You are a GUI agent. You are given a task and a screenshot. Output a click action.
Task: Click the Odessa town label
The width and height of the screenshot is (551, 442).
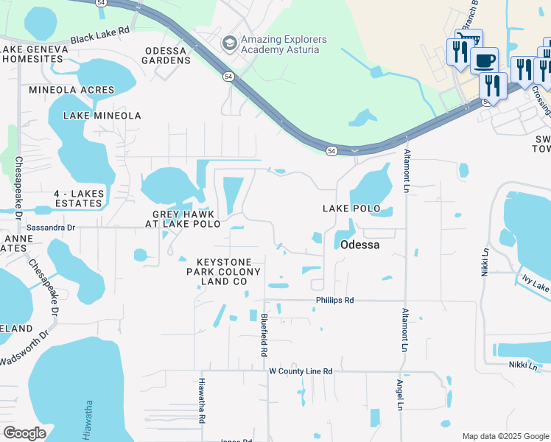[x=360, y=245]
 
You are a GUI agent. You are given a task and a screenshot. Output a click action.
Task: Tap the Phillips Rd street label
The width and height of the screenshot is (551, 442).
[x=335, y=301]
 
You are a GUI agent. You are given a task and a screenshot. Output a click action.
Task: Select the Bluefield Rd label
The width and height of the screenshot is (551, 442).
[x=263, y=335]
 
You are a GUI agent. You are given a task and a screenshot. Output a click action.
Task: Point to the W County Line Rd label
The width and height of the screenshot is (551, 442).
[x=301, y=371]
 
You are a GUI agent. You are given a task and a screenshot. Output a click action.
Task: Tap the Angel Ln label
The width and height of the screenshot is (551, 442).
[x=399, y=395]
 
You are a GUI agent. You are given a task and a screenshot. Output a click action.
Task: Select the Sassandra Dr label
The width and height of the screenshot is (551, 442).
[x=51, y=228]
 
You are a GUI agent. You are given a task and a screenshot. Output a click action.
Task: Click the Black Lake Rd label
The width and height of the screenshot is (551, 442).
[x=100, y=32]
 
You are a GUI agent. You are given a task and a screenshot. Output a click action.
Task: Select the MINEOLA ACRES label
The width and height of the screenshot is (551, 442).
[x=71, y=90]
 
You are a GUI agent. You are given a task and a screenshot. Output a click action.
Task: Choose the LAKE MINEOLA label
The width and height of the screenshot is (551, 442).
[x=102, y=116]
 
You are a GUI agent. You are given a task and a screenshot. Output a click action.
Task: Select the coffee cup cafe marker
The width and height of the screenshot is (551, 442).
[x=484, y=60]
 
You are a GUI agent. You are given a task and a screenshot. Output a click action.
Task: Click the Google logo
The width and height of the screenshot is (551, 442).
[x=24, y=432]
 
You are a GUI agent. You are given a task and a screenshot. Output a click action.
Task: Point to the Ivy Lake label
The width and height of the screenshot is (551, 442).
[x=536, y=284]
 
